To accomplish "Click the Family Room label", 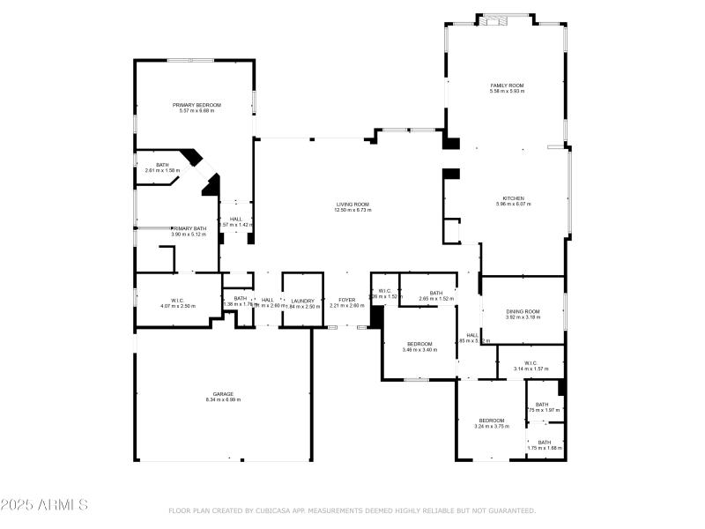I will coord(507,85).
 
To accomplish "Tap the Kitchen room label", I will coord(513,198).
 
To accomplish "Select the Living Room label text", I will coord(352,204).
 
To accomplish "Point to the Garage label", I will coord(222,394).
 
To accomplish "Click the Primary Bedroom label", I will coord(197,105).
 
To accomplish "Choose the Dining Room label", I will coord(523,311).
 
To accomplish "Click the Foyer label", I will coord(347,300).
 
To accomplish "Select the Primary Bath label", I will coord(189,228).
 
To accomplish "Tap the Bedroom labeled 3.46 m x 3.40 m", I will coord(419,344).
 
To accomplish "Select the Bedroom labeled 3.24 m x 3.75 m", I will coord(491,421).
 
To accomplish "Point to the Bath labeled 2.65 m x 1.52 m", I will coord(435,293).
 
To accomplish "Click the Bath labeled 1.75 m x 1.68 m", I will coord(544,443).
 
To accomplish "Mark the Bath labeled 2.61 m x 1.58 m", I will coord(162,165).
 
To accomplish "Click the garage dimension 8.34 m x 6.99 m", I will coord(222,400).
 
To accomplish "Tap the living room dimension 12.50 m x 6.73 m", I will coord(352,210).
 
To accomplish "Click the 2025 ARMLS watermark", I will coord(44,505).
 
